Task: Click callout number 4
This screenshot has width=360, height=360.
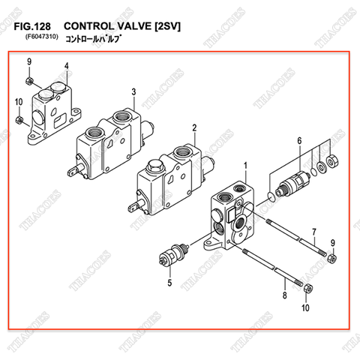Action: [x=66, y=66]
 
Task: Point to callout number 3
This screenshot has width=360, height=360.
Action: [x=133, y=91]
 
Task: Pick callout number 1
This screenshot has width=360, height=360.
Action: [x=244, y=164]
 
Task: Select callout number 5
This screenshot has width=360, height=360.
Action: [x=169, y=283]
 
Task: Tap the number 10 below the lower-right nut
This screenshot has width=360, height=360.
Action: [x=305, y=307]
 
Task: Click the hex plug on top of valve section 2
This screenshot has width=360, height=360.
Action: [x=157, y=167]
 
